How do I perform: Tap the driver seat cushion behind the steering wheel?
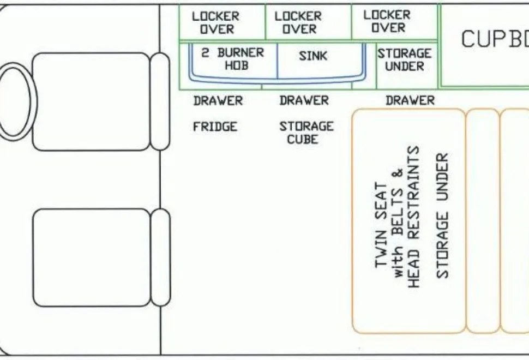[91, 101]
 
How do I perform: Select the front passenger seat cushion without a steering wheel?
[92, 258]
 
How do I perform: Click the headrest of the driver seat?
[160, 101]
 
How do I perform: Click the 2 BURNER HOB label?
[233, 59]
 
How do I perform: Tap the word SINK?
[312, 56]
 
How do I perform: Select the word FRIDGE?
[215, 127]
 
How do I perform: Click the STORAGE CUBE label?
[306, 133]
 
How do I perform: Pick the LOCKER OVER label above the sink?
[298, 22]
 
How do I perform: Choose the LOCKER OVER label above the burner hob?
[216, 22]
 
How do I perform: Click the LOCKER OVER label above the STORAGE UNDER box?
[387, 21]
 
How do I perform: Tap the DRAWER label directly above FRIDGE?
[218, 100]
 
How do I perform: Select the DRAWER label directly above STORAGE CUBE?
[304, 100]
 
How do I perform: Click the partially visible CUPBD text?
[495, 39]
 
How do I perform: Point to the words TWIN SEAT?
[381, 225]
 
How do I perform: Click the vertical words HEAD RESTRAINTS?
[413, 217]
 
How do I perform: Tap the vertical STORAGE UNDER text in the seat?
[442, 216]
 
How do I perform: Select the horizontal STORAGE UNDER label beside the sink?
[405, 59]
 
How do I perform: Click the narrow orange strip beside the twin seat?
[483, 221]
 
